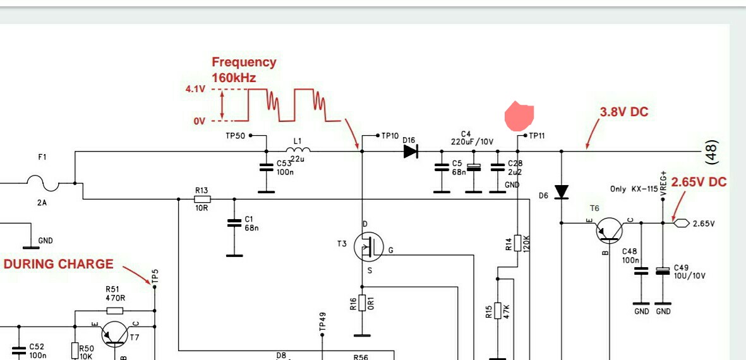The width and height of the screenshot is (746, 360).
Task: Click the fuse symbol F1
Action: (42, 183)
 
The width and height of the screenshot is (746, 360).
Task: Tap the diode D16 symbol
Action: (411, 151)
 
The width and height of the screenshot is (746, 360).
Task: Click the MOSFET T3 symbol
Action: (369, 247)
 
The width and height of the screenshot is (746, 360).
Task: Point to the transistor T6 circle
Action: (608, 230)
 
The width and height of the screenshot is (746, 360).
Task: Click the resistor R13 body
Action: (202, 199)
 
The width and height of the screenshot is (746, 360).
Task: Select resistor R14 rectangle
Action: (518, 243)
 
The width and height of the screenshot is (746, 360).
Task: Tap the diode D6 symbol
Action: (562, 191)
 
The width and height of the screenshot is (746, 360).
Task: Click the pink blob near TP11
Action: (519, 116)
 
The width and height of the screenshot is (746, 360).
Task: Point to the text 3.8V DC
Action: (623, 112)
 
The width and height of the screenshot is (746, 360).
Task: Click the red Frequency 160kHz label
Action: (244, 69)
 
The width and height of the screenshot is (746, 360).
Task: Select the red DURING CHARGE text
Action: (59, 264)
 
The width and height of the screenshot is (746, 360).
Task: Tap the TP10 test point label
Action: (390, 136)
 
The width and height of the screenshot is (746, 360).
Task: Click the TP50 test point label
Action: (235, 136)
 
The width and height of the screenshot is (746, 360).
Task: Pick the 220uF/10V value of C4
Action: (472, 141)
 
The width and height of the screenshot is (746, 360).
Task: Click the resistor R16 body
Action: (362, 303)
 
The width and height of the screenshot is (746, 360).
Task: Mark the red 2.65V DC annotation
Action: (699, 182)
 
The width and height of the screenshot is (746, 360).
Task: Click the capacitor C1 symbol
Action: (234, 222)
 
